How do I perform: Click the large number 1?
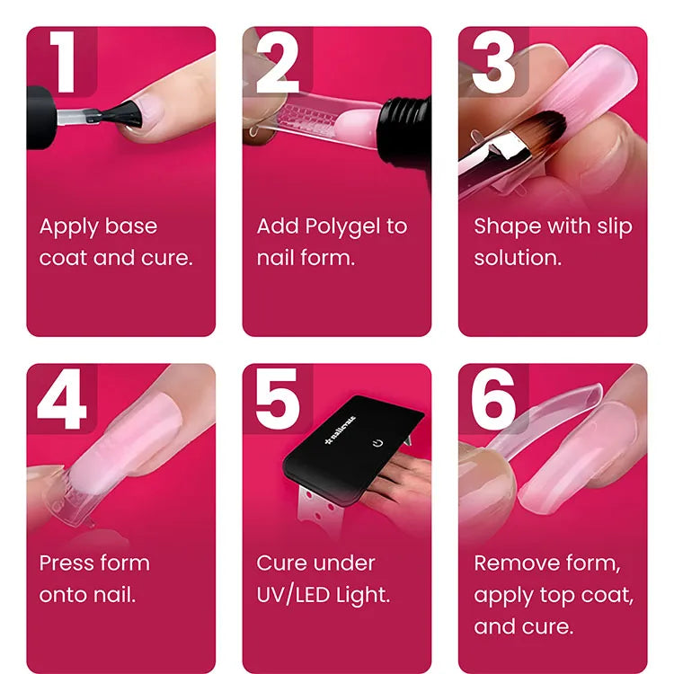(64, 61)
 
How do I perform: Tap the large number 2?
(278, 62)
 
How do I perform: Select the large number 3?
(493, 62)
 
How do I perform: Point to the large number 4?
(62, 398)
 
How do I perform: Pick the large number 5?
(278, 399)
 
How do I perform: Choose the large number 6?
(493, 399)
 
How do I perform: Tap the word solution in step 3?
(518, 258)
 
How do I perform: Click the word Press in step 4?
(67, 563)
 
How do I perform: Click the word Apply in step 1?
(69, 227)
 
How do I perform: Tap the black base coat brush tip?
(122, 114)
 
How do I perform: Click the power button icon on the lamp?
(377, 443)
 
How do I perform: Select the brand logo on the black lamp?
(341, 430)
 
